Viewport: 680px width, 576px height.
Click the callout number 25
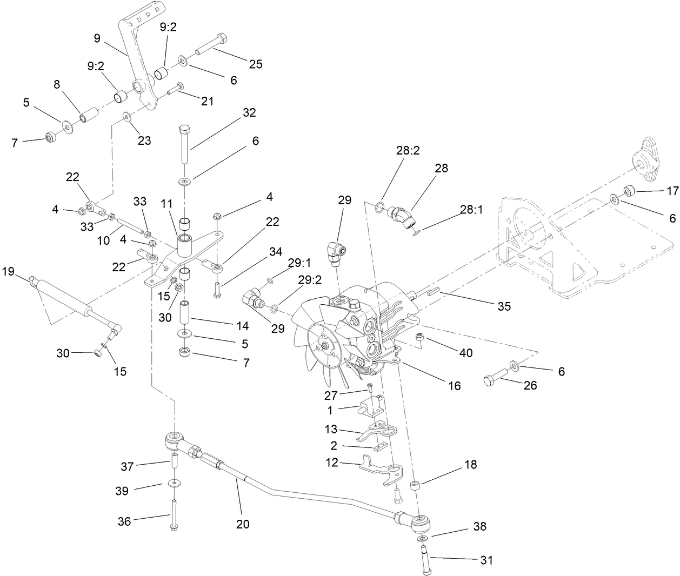255,64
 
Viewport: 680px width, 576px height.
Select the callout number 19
9,271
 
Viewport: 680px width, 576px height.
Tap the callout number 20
243,524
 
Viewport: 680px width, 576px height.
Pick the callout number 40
465,352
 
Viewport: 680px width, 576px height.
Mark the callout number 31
486,560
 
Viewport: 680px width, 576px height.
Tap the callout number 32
249,112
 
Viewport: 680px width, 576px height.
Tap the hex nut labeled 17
629,190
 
